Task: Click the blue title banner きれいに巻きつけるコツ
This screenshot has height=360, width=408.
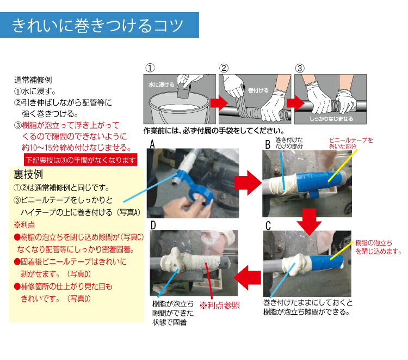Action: click(100, 25)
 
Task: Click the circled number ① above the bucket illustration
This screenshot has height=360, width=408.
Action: click(150, 68)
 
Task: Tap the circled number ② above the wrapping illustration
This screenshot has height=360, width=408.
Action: click(224, 68)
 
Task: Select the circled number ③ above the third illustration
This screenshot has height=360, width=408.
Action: click(300, 69)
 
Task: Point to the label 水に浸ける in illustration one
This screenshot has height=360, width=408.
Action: click(162, 84)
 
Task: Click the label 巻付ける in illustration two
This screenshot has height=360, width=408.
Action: click(258, 90)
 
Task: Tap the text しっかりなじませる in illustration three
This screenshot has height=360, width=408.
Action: click(331, 119)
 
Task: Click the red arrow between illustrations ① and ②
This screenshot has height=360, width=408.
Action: click(219, 103)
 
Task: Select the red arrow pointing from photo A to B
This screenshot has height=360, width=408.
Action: click(248, 183)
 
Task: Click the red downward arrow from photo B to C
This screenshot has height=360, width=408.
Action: click(310, 222)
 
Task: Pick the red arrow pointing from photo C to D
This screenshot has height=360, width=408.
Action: click(248, 278)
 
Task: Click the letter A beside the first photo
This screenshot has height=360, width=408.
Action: click(152, 144)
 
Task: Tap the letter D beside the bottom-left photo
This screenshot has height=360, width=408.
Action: click(153, 225)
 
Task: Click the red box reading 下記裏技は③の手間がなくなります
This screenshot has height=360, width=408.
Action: click(81, 160)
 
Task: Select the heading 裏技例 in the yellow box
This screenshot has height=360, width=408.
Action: click(28, 174)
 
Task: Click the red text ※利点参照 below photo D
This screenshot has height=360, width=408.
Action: click(220, 306)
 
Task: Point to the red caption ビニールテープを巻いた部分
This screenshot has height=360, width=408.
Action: click(351, 143)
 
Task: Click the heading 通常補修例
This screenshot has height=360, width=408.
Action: click(33, 80)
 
